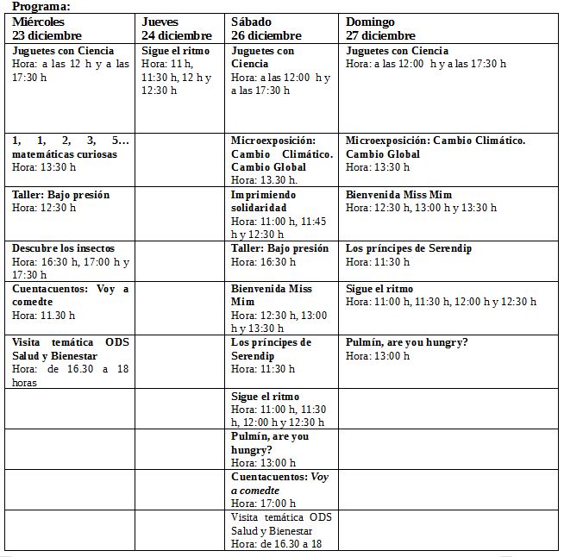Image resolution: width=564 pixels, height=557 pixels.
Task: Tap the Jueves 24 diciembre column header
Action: pyautogui.click(x=177, y=28)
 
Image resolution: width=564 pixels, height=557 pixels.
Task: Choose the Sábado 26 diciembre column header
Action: pyautogui.click(x=266, y=28)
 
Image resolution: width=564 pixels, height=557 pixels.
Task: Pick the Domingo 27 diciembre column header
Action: pyautogui.click(x=380, y=28)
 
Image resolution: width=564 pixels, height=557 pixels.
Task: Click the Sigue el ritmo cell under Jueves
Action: pyautogui.click(x=177, y=71)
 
